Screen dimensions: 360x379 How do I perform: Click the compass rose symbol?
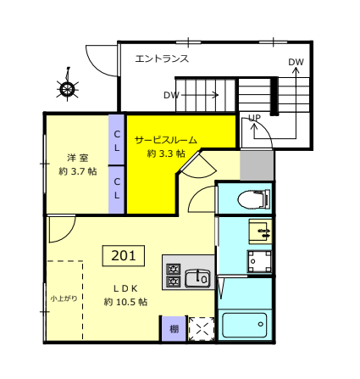point(67,88)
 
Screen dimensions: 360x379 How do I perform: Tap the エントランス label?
point(162,59)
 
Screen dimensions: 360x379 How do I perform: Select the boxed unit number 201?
point(124,255)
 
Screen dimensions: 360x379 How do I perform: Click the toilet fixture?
point(254,199)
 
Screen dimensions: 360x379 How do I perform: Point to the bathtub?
point(245,325)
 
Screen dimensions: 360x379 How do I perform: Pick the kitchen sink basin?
point(197,279)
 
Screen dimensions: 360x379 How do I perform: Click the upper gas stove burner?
point(173,269)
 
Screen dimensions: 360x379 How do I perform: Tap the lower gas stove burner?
point(173,281)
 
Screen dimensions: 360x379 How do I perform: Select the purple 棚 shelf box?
point(174,328)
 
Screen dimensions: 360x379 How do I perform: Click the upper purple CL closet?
point(117,140)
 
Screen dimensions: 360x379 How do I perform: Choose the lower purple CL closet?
point(117,190)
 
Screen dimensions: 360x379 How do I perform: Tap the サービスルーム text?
point(166,140)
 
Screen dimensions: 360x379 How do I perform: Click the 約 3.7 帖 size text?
point(78,171)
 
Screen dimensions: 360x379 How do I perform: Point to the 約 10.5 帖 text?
point(125,302)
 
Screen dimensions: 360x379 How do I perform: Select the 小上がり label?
point(64,298)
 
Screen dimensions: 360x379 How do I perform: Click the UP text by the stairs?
point(254,118)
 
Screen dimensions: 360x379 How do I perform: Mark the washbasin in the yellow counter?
point(261,231)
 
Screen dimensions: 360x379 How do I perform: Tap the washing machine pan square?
point(259,261)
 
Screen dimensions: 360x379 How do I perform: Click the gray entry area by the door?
point(257,165)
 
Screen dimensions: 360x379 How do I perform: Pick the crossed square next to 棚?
point(202,329)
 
